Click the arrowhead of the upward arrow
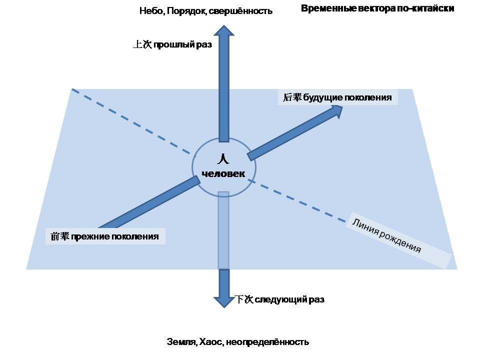point(223,31)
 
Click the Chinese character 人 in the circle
point(223,159)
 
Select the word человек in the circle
point(223,174)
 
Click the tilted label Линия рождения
point(386,235)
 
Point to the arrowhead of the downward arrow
point(223,301)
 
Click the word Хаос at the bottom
point(210,342)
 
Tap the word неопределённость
point(267,342)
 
